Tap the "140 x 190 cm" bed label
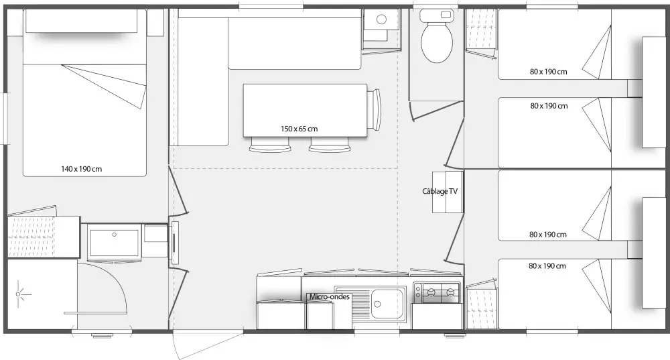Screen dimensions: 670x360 pos(82,169)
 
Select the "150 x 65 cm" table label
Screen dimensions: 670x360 pos(299,129)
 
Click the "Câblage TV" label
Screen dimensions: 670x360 pos(440,191)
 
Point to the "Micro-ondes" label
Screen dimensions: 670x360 pos(330,296)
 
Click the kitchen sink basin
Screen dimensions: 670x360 pos(388,304)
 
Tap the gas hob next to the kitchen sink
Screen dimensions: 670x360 pos(437,292)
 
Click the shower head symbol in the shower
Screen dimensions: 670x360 pos(18,294)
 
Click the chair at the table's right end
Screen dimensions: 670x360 pos(375,109)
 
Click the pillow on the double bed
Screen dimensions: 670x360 pos(82,21)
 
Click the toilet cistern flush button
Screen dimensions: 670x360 pos(446,15)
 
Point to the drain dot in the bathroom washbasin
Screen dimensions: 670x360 pos(115,235)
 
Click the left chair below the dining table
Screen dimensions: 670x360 pos(270,145)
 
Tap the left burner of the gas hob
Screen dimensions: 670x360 pos(431,292)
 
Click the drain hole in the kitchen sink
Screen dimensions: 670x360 pos(377,304)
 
